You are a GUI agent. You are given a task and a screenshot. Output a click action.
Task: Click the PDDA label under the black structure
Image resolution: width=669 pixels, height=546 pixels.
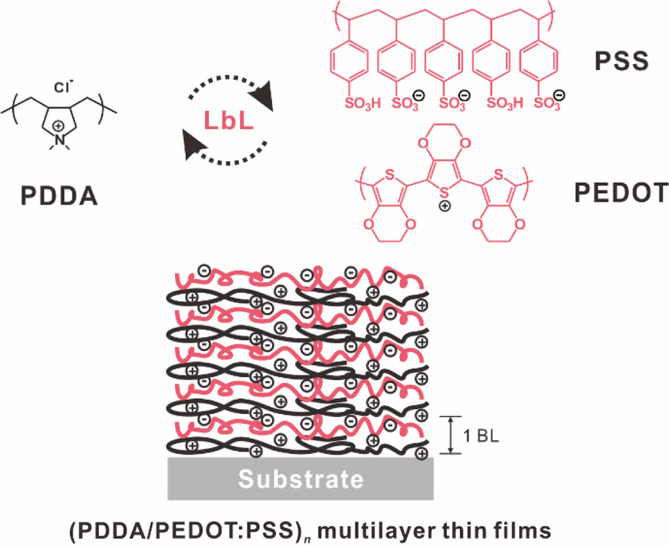click(x=59, y=196)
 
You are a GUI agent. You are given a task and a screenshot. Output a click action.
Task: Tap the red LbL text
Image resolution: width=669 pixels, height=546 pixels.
click(x=229, y=120)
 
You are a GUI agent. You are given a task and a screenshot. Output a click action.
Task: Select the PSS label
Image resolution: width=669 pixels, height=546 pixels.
click(x=621, y=61)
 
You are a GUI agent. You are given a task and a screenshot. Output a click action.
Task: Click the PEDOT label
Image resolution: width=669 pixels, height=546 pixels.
click(x=621, y=193)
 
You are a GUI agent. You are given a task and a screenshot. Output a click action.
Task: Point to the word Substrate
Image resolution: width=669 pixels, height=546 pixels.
click(x=301, y=479)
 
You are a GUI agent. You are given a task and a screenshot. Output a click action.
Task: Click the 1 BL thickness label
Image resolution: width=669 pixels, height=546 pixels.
click(x=481, y=436)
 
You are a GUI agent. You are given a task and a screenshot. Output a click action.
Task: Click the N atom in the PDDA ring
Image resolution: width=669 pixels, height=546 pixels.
click(x=60, y=140)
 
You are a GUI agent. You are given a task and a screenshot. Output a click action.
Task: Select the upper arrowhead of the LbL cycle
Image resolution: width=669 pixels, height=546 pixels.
click(x=262, y=94)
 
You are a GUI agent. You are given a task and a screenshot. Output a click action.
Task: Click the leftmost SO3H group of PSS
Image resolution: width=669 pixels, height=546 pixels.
click(x=362, y=103)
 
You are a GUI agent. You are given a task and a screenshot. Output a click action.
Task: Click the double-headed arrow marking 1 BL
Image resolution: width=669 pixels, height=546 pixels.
click(x=451, y=435)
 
